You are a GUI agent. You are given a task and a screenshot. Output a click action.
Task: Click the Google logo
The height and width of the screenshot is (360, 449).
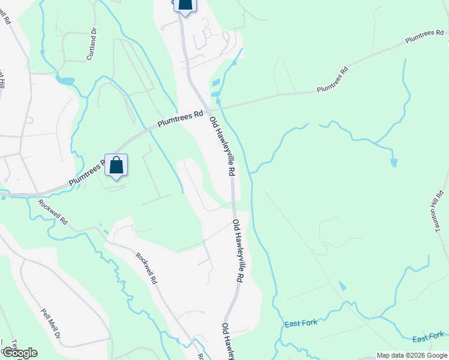(19, 353)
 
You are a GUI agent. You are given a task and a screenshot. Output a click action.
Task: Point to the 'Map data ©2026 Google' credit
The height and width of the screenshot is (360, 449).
(412, 355)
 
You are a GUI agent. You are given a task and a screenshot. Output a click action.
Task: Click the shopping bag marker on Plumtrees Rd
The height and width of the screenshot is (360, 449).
(116, 165)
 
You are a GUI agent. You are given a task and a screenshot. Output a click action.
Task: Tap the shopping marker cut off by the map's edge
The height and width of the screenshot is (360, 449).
(185, 6)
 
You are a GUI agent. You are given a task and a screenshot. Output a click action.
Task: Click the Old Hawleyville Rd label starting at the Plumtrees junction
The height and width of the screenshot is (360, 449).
(221, 146)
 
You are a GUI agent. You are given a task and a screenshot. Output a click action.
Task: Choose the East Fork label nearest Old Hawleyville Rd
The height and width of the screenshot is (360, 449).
(301, 324)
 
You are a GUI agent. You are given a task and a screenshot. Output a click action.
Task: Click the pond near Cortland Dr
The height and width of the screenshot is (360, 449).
(65, 80)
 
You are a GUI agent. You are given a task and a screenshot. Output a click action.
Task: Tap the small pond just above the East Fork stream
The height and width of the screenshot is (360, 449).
(342, 286)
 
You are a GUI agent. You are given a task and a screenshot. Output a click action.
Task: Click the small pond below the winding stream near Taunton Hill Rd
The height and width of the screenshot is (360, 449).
(393, 163)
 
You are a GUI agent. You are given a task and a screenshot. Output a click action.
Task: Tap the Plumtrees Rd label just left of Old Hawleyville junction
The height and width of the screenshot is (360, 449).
(180, 121)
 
